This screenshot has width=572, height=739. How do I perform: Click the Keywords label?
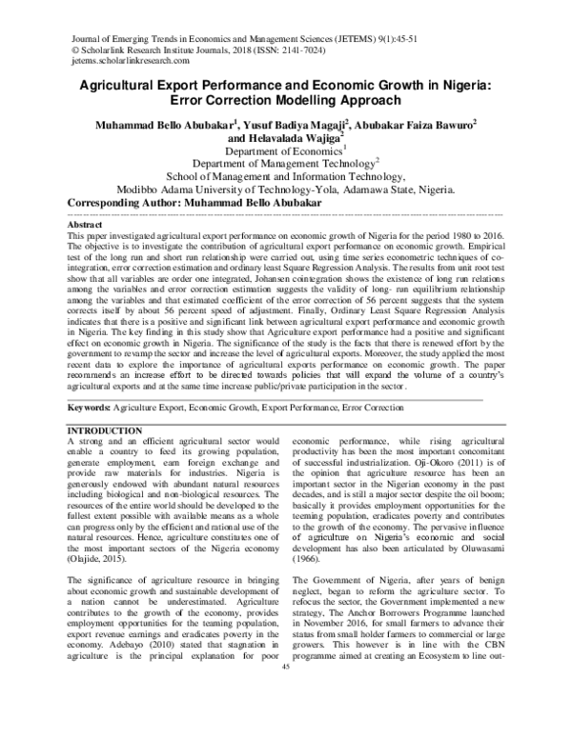(x=91, y=408)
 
